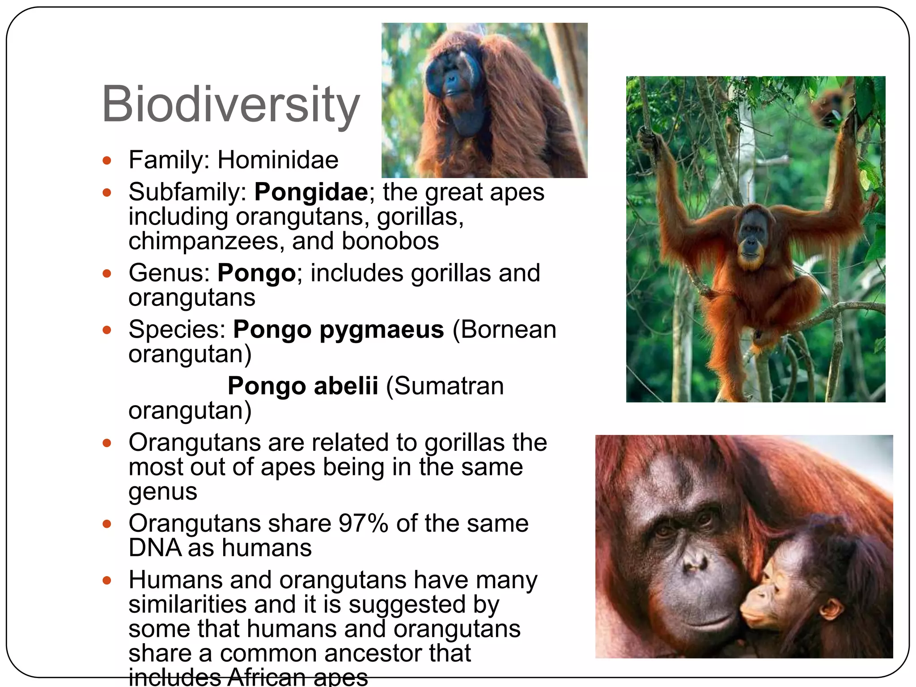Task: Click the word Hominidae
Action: [278, 160]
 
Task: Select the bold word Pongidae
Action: [311, 192]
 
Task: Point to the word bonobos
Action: [390, 241]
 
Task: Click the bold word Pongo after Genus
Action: [256, 273]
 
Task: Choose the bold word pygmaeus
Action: [382, 330]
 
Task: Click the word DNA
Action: [154, 548]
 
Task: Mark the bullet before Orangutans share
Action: [106, 524]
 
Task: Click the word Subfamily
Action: [187, 192]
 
